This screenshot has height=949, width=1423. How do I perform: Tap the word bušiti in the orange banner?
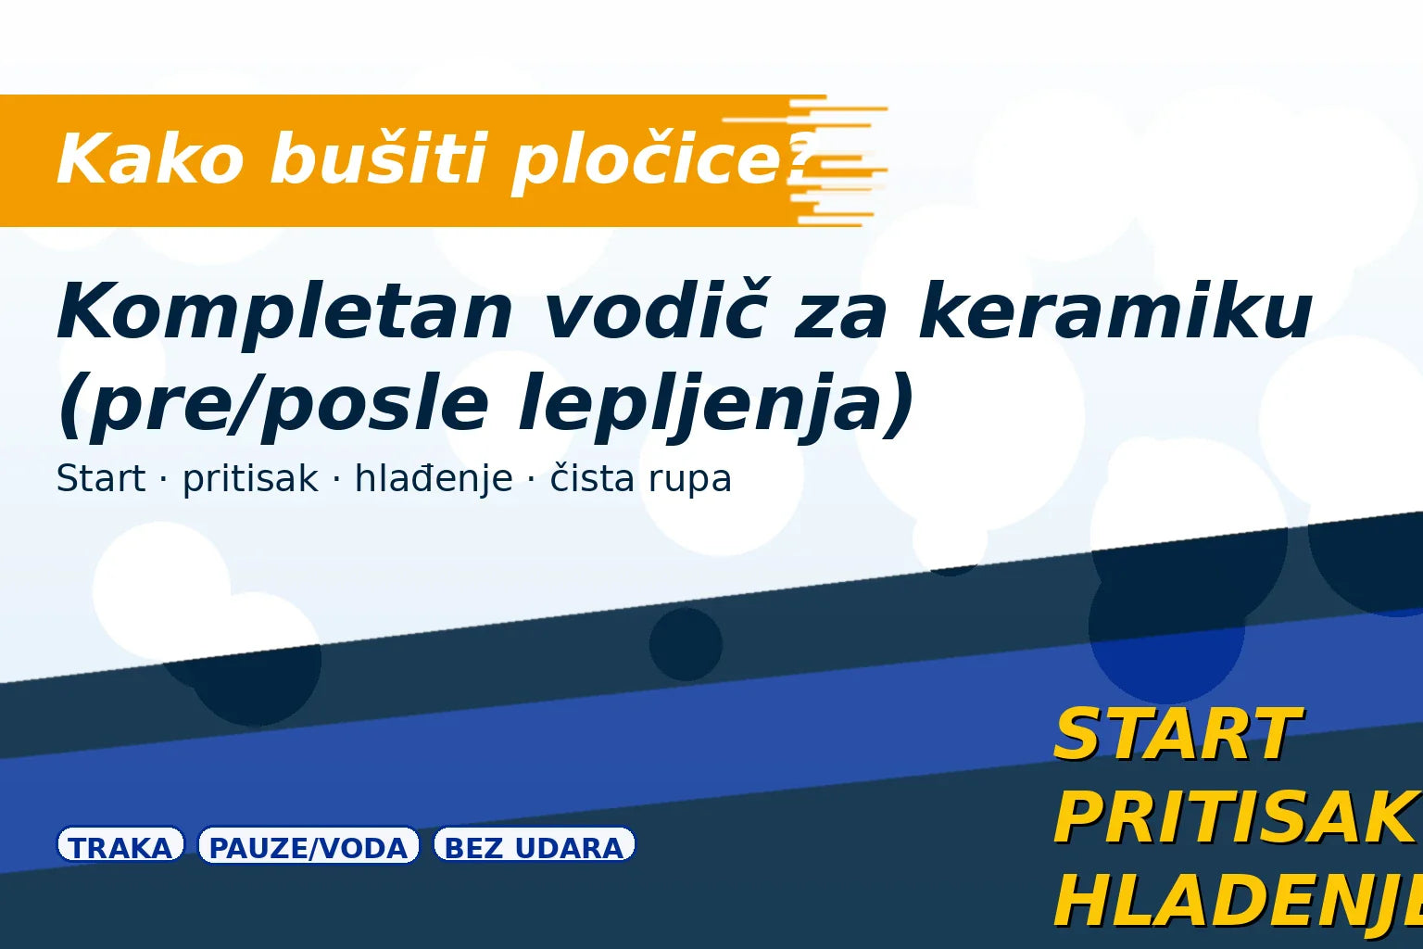click(x=378, y=159)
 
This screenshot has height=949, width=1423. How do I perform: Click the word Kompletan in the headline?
click(x=284, y=313)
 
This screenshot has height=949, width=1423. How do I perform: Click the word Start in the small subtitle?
click(x=100, y=479)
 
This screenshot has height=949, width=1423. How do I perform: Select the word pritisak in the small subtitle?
click(x=249, y=479)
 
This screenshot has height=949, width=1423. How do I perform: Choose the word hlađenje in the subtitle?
click(x=434, y=479)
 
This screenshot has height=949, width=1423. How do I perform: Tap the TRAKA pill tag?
click(x=120, y=846)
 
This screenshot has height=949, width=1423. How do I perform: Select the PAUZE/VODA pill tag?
click(x=309, y=846)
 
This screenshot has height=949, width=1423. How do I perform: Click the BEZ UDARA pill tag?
click(x=535, y=846)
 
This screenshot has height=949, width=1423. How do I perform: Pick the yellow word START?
click(x=1177, y=734)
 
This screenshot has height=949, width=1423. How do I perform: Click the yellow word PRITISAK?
click(x=1238, y=818)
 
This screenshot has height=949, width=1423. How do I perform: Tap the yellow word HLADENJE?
click(x=1238, y=901)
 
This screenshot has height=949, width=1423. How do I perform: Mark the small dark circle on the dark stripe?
click(x=686, y=644)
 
